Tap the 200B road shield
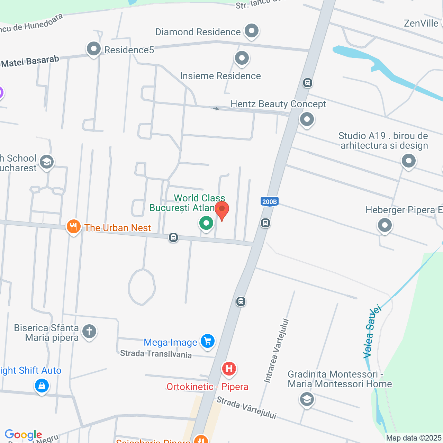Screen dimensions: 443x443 click(x=269, y=202)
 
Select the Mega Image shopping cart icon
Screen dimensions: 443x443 click(x=208, y=341)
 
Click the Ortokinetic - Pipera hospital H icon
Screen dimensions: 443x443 click(x=229, y=369)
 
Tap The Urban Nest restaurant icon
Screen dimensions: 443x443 click(x=73, y=227)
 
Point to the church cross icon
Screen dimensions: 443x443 click(x=89, y=332)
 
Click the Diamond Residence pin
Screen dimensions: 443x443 click(x=252, y=31)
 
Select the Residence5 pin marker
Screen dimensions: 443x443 click(x=94, y=49)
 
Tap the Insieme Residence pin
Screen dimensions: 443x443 click(x=242, y=58)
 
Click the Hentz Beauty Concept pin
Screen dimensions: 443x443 click(x=307, y=120)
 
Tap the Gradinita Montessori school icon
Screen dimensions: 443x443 click(x=307, y=399)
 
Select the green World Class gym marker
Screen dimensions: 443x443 click(x=206, y=223)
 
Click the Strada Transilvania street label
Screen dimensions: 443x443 click(x=156, y=354)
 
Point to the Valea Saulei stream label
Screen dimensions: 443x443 click(x=372, y=332)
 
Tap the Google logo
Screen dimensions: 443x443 click(x=23, y=435)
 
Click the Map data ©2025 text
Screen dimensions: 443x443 click(x=414, y=438)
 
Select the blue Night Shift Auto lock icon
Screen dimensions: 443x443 click(x=42, y=385)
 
